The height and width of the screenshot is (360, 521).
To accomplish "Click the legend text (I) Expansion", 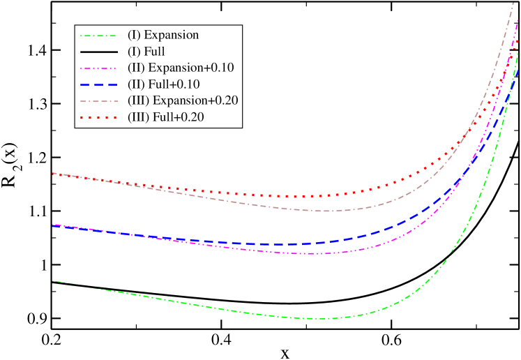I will pos(163,35).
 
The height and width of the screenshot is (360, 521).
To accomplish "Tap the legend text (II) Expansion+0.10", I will pos(180,68).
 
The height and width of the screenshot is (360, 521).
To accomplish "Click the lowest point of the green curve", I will pos(317,319).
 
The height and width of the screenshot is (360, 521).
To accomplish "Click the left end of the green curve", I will pos(52,281).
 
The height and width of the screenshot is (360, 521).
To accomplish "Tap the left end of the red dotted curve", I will pos(52,173).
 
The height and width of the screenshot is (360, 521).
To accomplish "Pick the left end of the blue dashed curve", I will pos(52,225).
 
